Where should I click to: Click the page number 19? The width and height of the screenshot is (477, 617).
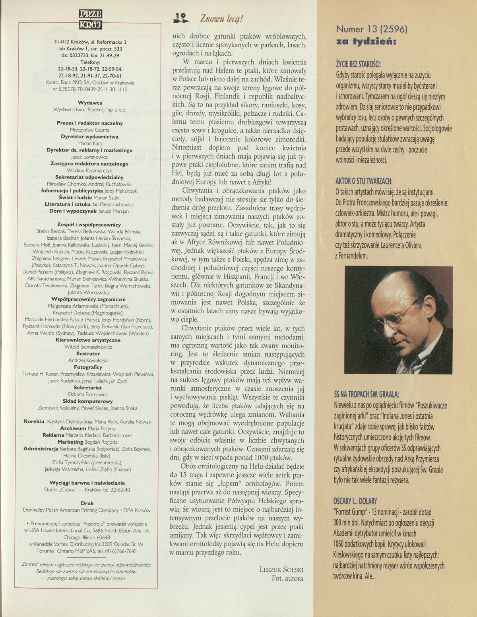click(x=181, y=17)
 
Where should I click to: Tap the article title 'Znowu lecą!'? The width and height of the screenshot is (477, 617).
click(x=221, y=18)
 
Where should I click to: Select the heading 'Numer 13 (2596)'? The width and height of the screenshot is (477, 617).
click(x=372, y=29)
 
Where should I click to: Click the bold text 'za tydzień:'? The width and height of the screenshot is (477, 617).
click(x=366, y=41)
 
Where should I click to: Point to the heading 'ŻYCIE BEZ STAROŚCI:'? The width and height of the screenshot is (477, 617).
click(x=358, y=64)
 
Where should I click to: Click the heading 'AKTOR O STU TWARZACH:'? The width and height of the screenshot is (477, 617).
click(x=361, y=181)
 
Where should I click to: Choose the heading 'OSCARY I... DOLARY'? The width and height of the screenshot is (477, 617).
click(x=355, y=501)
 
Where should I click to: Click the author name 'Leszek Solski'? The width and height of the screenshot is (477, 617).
click(x=281, y=569)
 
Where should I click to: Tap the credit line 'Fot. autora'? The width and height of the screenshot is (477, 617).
click(x=287, y=578)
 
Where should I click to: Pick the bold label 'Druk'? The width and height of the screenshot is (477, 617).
click(x=87, y=503)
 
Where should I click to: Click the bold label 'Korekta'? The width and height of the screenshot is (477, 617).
click(x=34, y=421)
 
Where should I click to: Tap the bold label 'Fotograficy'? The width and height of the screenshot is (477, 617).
click(x=88, y=367)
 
